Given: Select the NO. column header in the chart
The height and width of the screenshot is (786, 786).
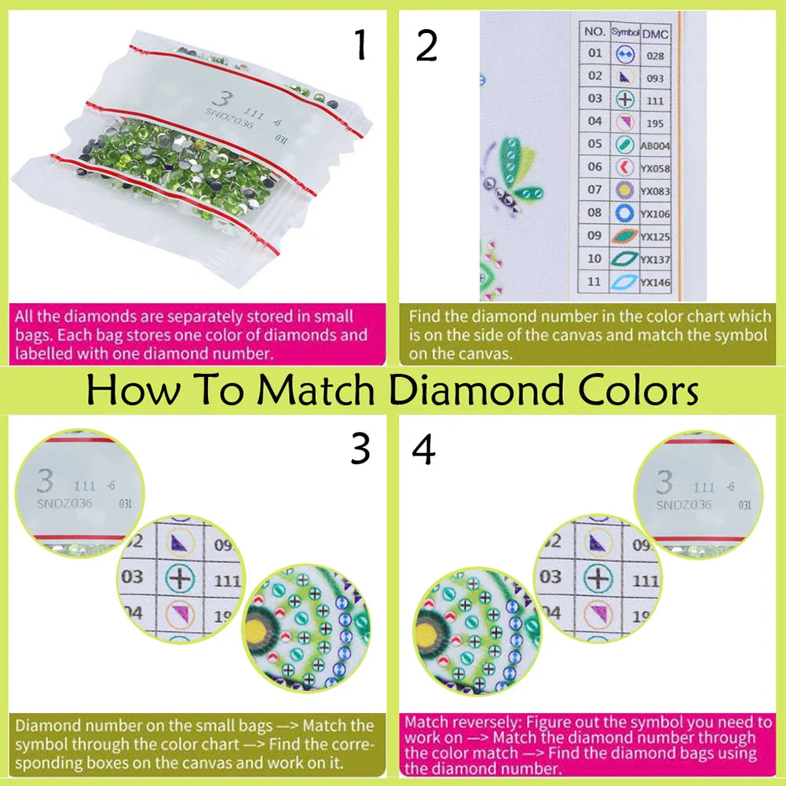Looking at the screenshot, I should point(595,33).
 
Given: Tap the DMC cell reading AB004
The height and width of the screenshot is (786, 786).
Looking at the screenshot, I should point(655,145).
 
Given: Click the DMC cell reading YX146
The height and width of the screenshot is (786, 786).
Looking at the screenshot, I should point(655,282).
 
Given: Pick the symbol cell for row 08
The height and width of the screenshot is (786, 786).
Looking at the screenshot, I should point(624,213).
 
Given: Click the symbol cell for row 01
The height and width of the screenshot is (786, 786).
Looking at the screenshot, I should point(624,54).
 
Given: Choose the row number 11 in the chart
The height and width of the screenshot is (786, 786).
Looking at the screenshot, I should point(595,281).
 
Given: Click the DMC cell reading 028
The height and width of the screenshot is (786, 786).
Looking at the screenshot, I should point(655,56).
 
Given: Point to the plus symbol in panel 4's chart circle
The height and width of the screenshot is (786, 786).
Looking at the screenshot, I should point(599,578).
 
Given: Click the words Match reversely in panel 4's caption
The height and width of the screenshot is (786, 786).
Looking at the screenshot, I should point(451,720).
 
